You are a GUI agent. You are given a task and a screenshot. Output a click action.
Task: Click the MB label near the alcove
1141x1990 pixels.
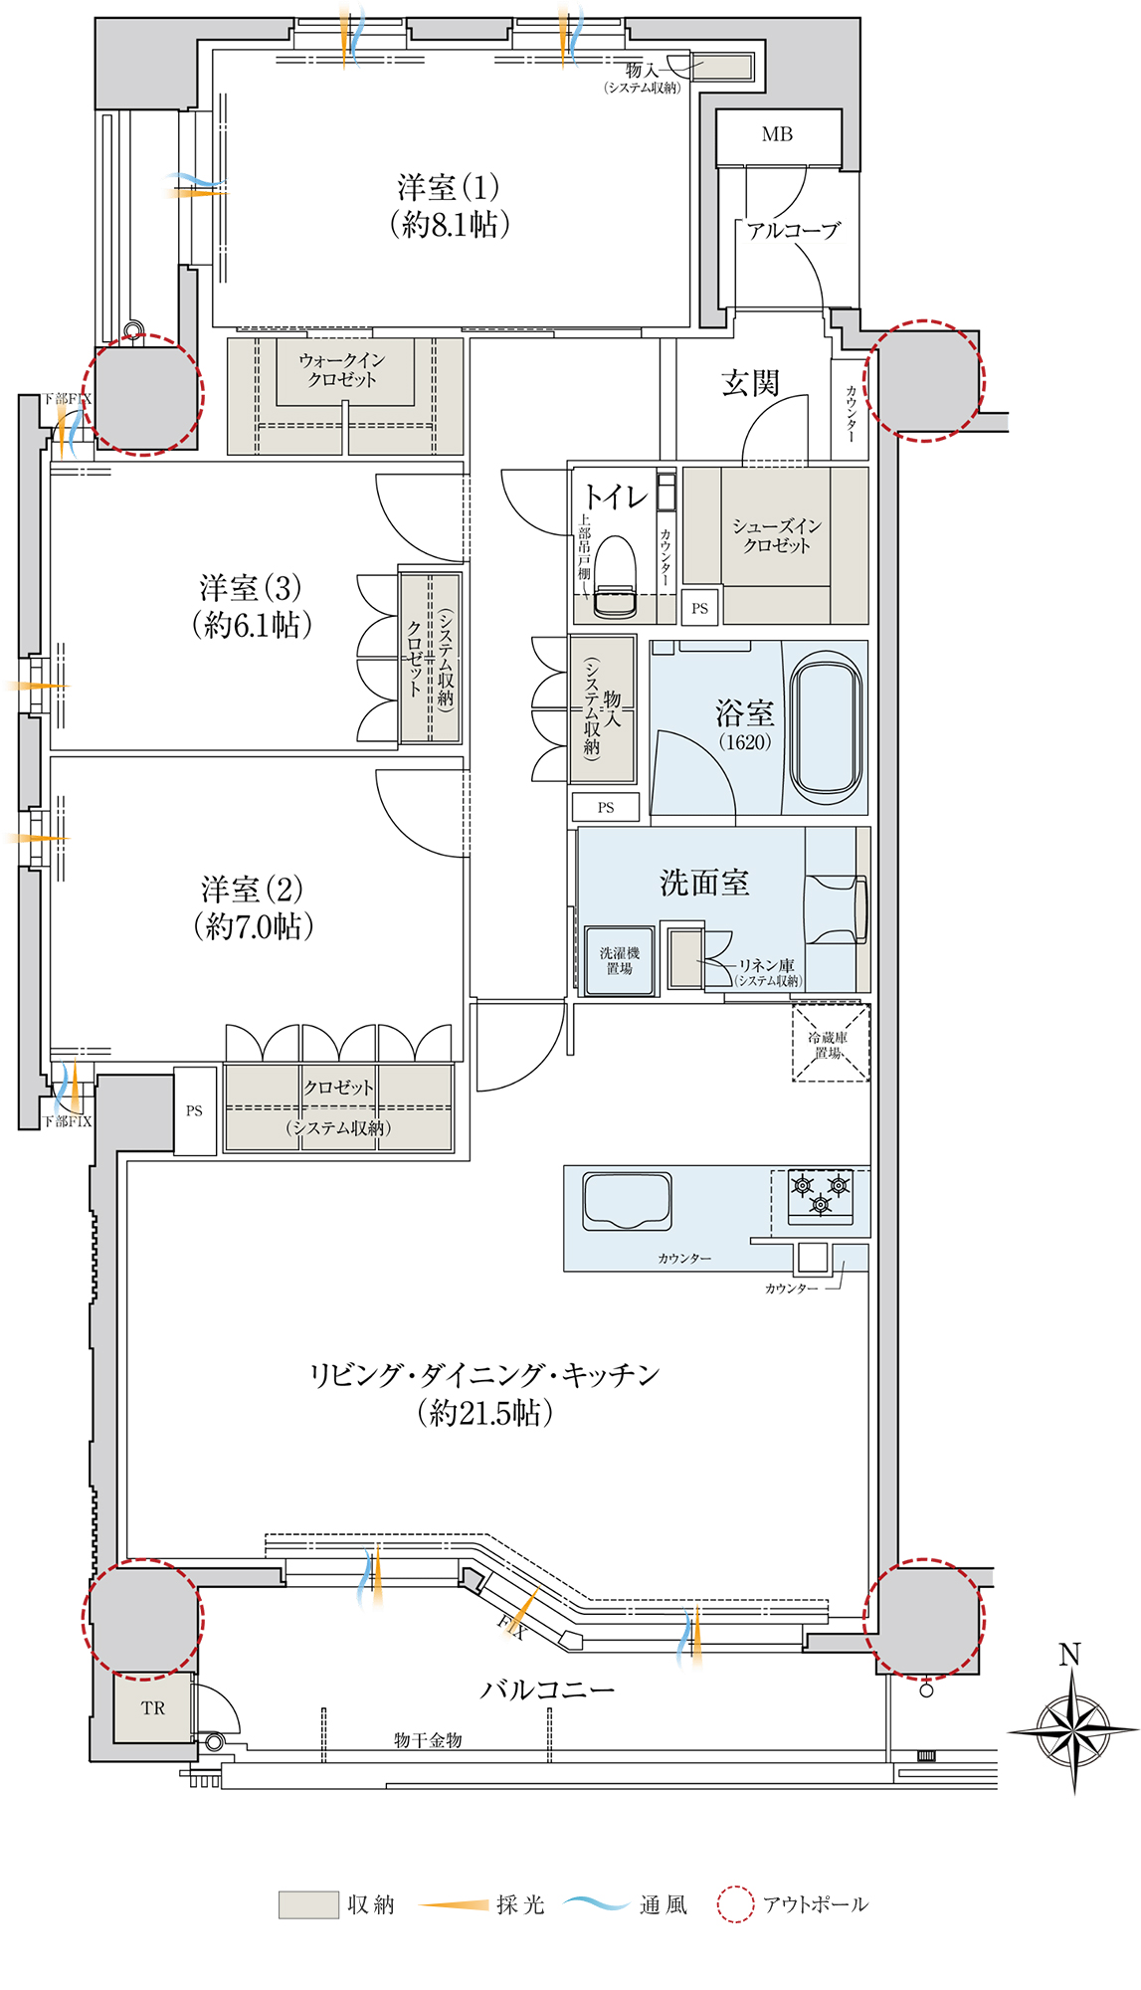pos(777,134)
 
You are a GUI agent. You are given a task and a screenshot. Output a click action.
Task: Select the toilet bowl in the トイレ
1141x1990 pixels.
pos(615,577)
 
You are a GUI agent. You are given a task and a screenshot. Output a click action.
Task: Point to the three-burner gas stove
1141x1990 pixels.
pos(821,1197)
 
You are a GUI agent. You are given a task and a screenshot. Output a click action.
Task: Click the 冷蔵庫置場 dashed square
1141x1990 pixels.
pos(831,1043)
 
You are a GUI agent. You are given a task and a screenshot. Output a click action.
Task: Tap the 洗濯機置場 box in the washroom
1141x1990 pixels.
pos(619,960)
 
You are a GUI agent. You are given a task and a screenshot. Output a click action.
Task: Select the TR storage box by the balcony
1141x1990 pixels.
pos(153,1707)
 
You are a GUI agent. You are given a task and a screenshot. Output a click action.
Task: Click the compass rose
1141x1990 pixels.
pos(1072,1731)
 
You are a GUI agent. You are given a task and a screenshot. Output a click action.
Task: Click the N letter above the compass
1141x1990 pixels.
pos(1069,1655)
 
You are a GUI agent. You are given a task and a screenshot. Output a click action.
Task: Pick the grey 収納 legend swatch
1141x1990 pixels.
pos(308,1904)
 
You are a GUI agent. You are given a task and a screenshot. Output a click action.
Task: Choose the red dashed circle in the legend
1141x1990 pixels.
pos(735,1904)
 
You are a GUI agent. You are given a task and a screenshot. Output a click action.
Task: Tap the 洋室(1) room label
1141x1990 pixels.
pos(449,205)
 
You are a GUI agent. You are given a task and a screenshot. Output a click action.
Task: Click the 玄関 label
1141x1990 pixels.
pos(750,383)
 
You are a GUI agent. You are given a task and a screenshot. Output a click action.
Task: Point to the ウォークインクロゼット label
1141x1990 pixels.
pos(341,369)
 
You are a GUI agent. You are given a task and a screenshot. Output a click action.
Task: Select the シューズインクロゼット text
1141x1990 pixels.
pos(777,535)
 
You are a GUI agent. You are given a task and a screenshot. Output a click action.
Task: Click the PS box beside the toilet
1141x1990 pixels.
pos(700,608)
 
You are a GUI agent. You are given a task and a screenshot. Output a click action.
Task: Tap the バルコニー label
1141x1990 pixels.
pos(547,1689)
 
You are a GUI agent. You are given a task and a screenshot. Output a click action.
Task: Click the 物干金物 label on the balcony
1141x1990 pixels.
pos(428,1740)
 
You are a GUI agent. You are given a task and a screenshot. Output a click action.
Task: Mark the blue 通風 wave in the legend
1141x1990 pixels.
pos(596,1903)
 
